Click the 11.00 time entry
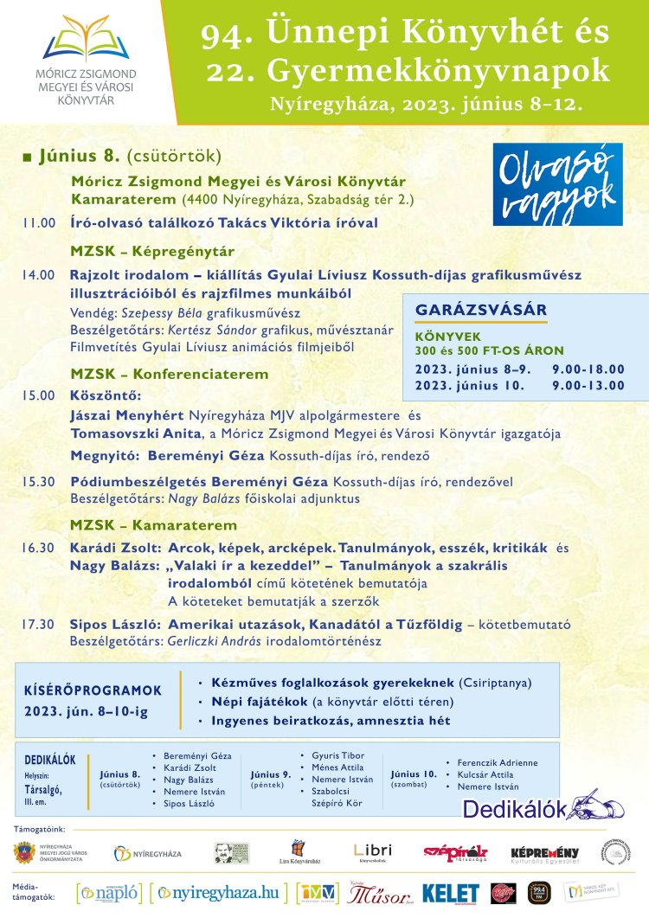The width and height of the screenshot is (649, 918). point(39,223)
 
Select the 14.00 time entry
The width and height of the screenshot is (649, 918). point(39,275)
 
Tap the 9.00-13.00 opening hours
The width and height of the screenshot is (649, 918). point(588,385)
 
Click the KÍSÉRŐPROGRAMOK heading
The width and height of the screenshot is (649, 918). point(93,690)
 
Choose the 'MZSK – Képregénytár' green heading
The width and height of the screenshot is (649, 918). point(152,252)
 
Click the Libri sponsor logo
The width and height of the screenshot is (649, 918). point(374,852)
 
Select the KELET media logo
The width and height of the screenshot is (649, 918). point(450,893)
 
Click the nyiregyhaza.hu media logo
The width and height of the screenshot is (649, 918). point(220,892)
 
